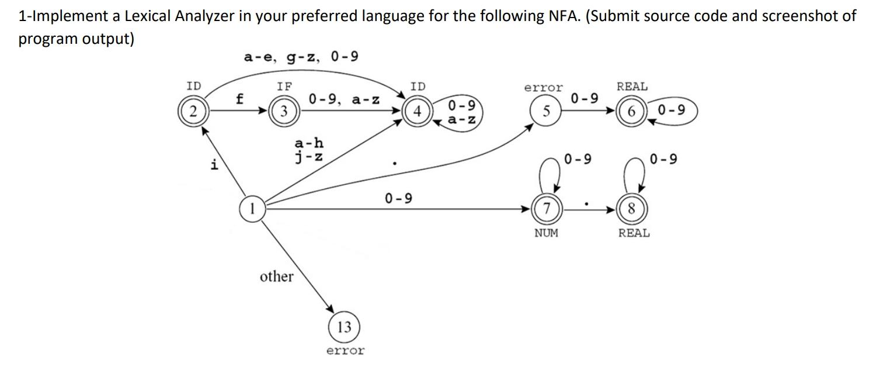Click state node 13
click(345, 327)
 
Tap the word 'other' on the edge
click(277, 277)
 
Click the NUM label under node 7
click(546, 233)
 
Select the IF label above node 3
click(284, 87)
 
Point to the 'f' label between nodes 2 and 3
click(239, 99)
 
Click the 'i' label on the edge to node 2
click(215, 164)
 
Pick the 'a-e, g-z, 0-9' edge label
click(301, 57)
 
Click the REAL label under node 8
click(634, 233)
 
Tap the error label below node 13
click(345, 351)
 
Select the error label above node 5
click(543, 88)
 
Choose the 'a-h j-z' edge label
click(309, 150)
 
